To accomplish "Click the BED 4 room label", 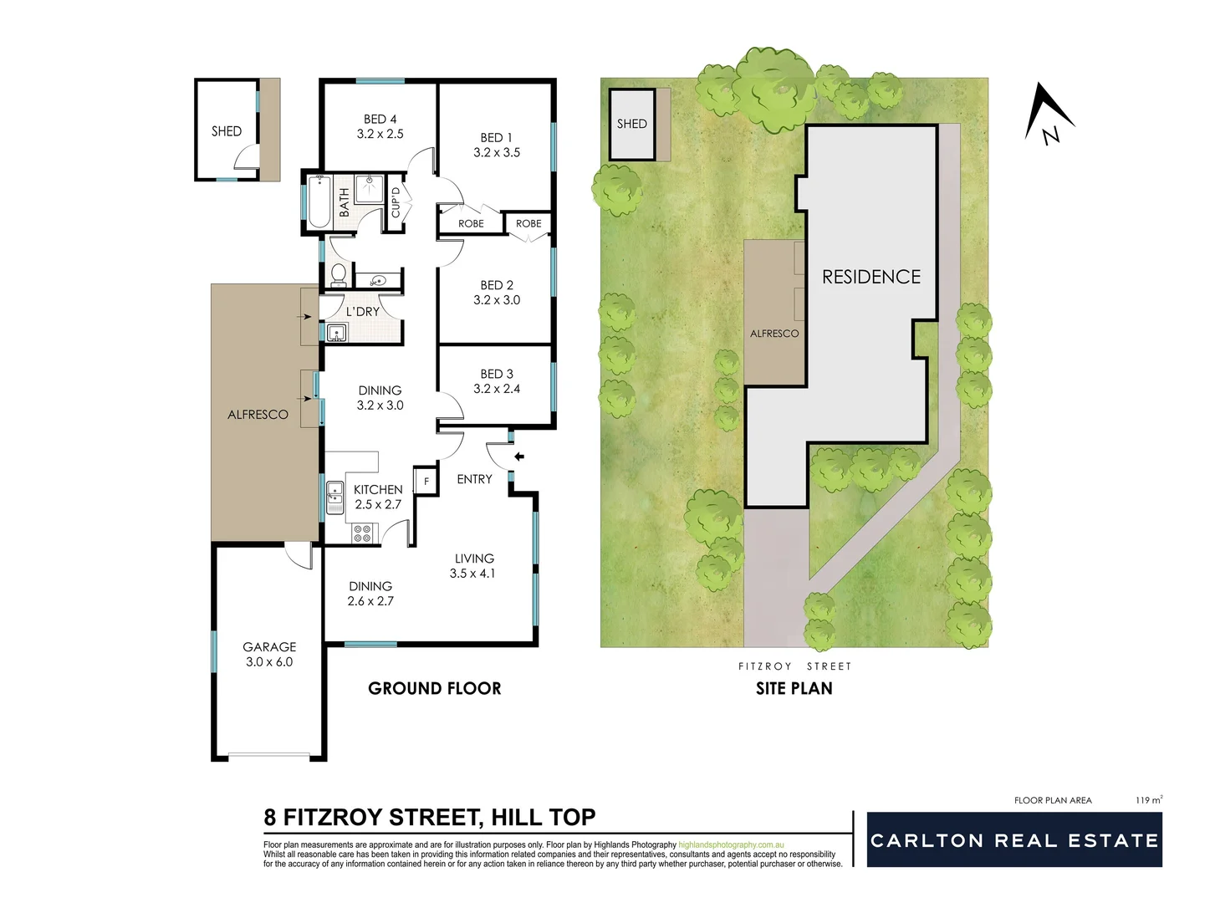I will click(x=380, y=126).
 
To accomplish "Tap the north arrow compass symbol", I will click(x=1048, y=114).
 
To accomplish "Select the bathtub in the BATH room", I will click(x=319, y=201).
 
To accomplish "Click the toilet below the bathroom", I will click(x=339, y=273).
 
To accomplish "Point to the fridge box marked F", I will click(x=426, y=482).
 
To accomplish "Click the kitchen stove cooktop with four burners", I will click(x=362, y=533).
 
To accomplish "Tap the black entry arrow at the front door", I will click(x=518, y=457).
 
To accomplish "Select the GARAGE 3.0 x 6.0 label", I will click(x=269, y=654).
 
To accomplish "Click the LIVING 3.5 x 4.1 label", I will click(x=473, y=565).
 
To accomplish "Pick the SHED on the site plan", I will click(x=632, y=124).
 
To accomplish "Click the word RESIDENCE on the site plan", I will click(x=870, y=277).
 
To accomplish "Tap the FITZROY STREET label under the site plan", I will click(x=794, y=666).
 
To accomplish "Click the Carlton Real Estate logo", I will click(x=1013, y=839).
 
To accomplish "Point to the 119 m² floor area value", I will click(x=1148, y=800).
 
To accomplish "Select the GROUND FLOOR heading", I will click(x=434, y=688).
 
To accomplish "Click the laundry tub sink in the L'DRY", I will click(x=336, y=333).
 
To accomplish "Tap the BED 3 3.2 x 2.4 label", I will click(x=497, y=381).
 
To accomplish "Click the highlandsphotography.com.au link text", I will click(x=731, y=845).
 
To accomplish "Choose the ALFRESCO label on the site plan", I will click(x=773, y=334).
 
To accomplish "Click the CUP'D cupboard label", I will click(x=396, y=201).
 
